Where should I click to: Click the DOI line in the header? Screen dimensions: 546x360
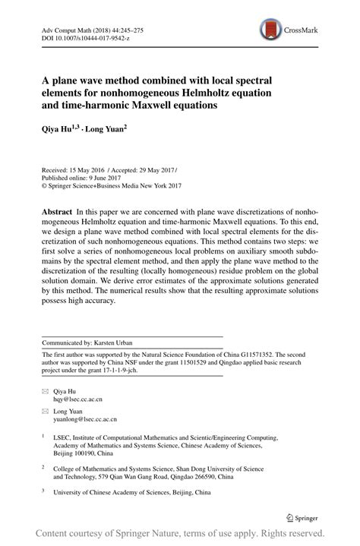80,37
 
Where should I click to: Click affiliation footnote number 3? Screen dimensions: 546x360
43,490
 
